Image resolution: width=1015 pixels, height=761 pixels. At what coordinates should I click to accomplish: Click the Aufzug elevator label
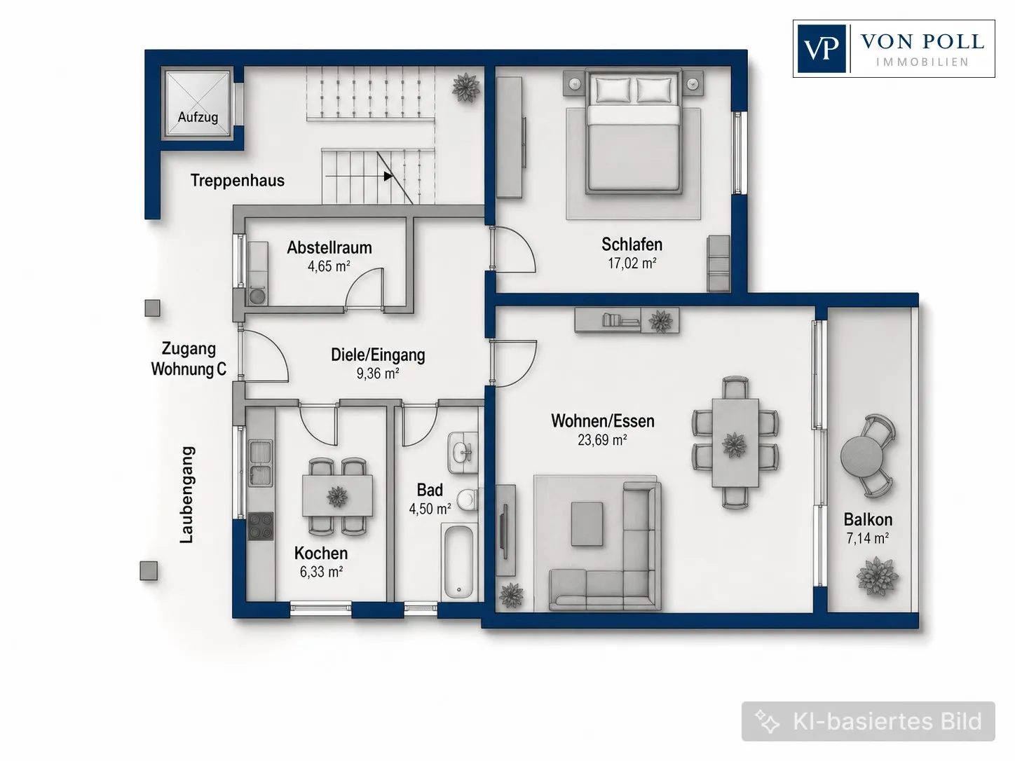[198, 117]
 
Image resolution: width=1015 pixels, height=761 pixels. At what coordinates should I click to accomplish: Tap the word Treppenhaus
[238, 180]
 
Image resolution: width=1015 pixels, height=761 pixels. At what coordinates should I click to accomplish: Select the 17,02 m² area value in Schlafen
[632, 263]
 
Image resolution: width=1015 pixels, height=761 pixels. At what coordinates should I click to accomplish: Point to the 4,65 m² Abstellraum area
[329, 266]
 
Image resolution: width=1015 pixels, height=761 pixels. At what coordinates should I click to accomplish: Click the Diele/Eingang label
[378, 355]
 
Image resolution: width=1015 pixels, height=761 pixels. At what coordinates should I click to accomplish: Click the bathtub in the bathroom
[458, 562]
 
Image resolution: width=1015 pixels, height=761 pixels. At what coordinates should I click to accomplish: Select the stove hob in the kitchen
[260, 526]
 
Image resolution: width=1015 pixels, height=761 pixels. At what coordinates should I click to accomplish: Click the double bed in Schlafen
[634, 132]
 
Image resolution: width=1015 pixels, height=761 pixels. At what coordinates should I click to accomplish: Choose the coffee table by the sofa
[587, 524]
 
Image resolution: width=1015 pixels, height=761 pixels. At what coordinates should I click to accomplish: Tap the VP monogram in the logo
[822, 48]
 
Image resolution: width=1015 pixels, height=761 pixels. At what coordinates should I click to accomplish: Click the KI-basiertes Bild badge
[868, 721]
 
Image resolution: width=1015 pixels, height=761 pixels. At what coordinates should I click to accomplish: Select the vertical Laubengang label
[187, 495]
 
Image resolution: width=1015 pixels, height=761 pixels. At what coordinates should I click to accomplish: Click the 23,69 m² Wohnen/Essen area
[602, 439]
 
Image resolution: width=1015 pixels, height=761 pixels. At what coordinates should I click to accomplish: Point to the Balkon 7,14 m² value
[868, 538]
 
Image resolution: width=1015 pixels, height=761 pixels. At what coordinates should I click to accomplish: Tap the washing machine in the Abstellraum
[257, 296]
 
